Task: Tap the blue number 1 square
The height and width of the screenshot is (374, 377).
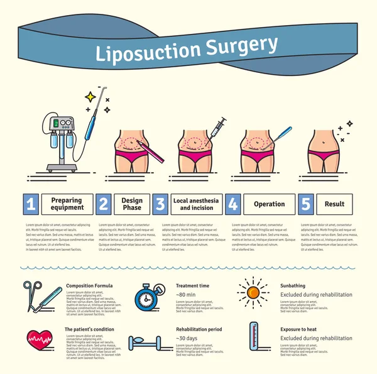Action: click(31, 204)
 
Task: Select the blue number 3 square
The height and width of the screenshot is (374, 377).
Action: click(160, 204)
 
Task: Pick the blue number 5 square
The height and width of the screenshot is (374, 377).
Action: click(305, 204)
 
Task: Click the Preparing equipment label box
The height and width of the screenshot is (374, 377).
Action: click(67, 204)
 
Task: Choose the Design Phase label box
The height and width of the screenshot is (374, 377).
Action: click(132, 204)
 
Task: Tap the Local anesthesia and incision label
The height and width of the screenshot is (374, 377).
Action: click(197, 204)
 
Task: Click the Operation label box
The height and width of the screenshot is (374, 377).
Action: click(269, 204)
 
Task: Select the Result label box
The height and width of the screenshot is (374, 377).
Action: click(334, 204)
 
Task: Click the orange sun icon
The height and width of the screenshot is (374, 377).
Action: click(253, 292)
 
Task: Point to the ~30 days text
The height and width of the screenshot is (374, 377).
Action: click(188, 338)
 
